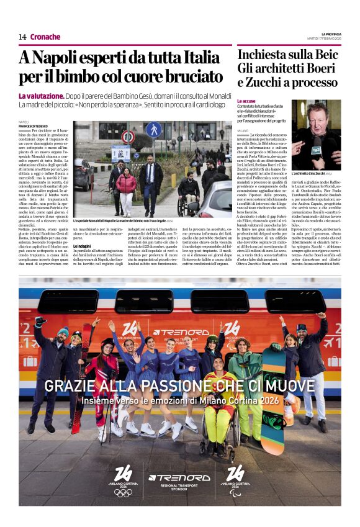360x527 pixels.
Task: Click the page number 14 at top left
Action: click(x=22, y=37)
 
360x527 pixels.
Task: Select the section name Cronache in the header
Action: click(x=45, y=37)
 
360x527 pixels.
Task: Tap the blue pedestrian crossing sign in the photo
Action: click(x=153, y=132)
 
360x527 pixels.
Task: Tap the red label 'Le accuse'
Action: click(x=246, y=101)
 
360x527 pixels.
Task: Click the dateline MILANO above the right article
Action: click(x=242, y=131)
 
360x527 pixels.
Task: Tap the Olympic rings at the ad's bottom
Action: click(x=123, y=492)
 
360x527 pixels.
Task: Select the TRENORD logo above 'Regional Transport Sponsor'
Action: click(x=179, y=477)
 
